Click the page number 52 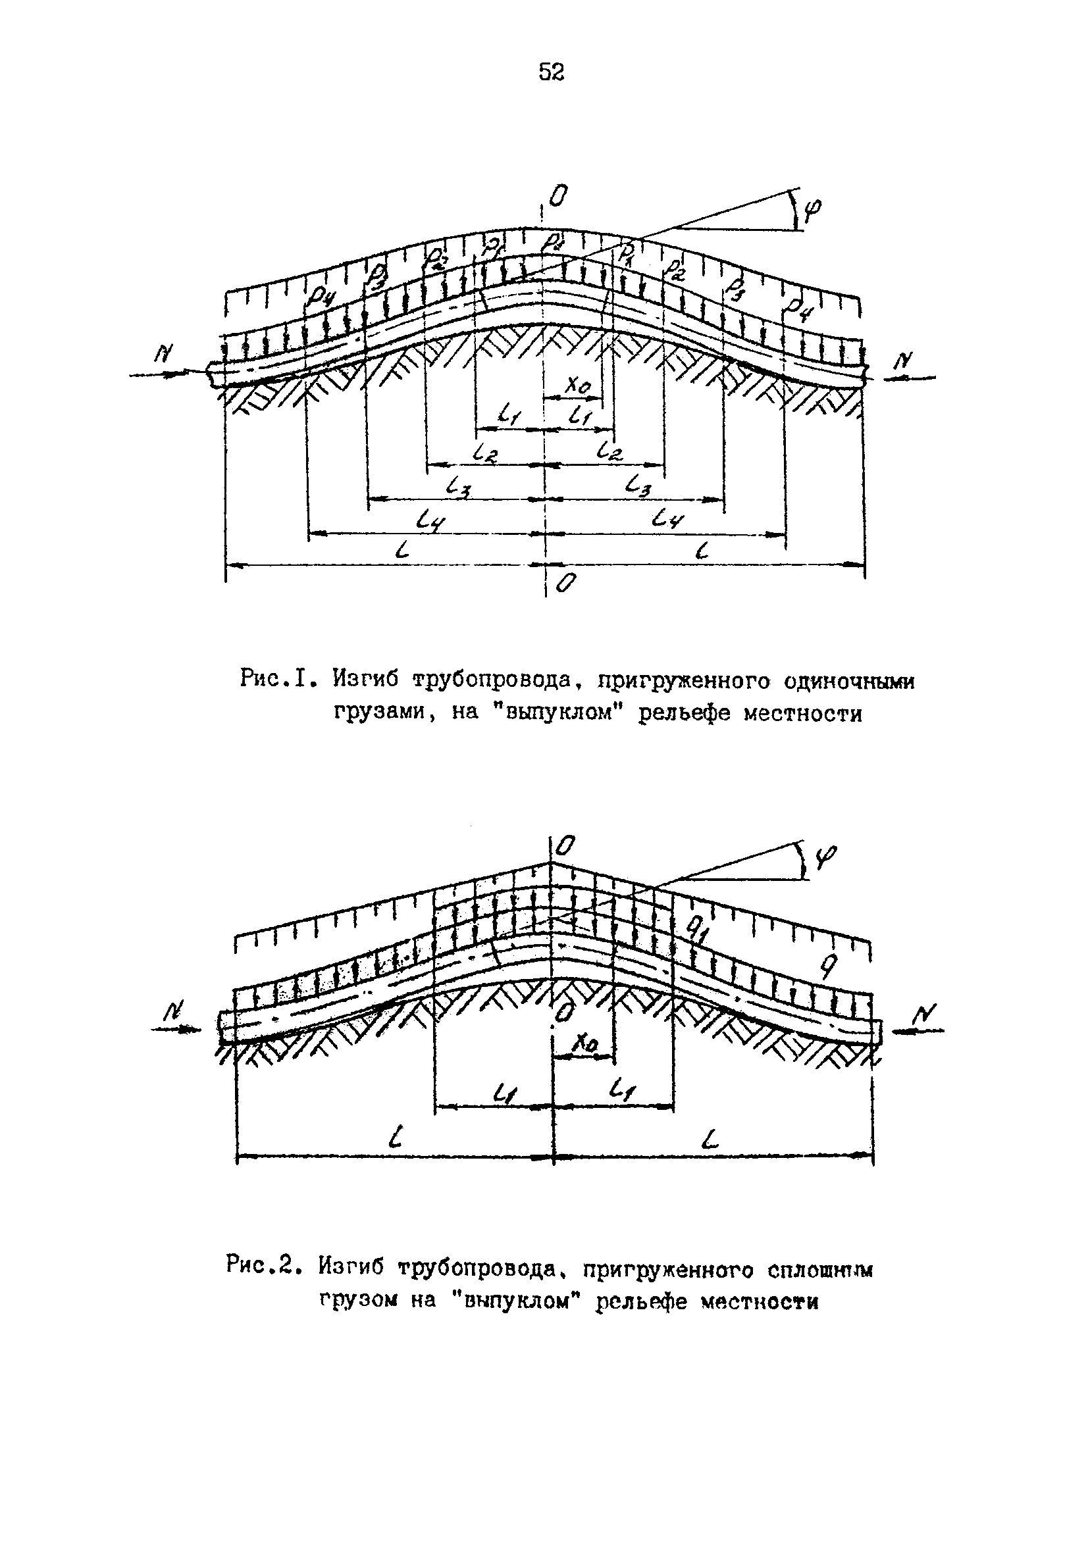(551, 72)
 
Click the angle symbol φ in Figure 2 (825, 857)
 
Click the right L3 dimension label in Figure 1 (638, 484)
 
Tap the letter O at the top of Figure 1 (558, 197)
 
